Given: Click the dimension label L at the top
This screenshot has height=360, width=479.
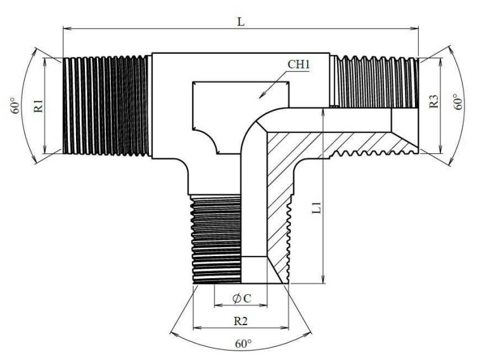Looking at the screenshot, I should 241,20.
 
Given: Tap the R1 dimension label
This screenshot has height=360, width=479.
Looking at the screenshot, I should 39,105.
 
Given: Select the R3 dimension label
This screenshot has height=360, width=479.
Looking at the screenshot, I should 434,101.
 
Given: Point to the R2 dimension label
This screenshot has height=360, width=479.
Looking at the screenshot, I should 241,320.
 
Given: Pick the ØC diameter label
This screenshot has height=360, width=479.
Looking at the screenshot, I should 240,298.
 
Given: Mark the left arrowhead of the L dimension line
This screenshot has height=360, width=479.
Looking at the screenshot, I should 65,28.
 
